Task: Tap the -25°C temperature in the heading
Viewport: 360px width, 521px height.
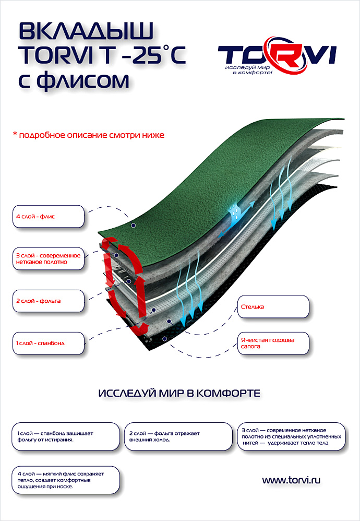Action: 151,56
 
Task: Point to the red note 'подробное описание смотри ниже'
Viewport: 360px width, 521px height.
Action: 88,135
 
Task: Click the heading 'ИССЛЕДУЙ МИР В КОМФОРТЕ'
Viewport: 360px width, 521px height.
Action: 179,393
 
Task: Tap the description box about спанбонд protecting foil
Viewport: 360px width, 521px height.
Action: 65,436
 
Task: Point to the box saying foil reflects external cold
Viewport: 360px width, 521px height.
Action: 177,436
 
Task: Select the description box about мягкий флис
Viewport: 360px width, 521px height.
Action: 65,480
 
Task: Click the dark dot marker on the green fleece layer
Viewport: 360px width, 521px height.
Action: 134,226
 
